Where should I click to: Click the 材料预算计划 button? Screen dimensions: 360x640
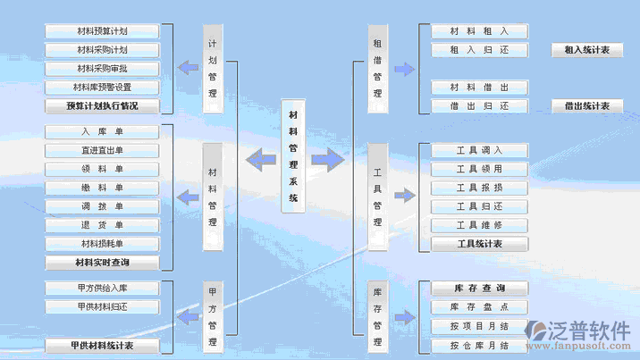[102, 31]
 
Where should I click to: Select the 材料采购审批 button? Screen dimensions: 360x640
[102, 69]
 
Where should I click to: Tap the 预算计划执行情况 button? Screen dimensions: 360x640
[102, 106]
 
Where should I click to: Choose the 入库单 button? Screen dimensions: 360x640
[102, 132]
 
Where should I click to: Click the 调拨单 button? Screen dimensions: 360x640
[102, 206]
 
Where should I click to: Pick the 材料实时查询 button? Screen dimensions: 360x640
[102, 263]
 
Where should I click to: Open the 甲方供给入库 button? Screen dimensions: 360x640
[102, 289]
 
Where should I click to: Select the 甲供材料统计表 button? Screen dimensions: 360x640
[102, 345]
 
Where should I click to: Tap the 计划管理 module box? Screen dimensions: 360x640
[213, 69]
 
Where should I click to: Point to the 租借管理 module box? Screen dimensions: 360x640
[377, 69]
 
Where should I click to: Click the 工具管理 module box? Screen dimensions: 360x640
[377, 197]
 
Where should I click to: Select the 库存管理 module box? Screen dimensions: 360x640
[377, 317]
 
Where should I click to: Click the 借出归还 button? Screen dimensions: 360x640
[480, 106]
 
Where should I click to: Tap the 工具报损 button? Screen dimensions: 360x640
[480, 188]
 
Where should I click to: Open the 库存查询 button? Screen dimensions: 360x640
[480, 289]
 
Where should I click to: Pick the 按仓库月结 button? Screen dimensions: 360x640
[480, 345]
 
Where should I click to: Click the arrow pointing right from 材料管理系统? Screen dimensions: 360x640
[328, 160]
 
